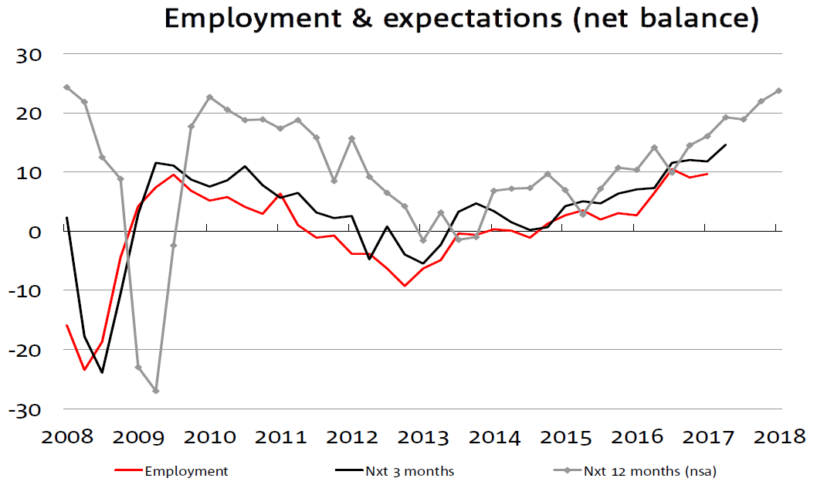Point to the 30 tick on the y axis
pyautogui.click(x=35, y=54)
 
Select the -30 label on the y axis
pyautogui.click(x=30, y=409)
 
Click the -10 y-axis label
pyautogui.click(x=30, y=290)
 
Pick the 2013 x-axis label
pyautogui.click(x=422, y=437)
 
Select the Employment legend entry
pyautogui.click(x=186, y=471)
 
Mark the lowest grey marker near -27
pyautogui.click(x=156, y=391)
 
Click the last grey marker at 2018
pyautogui.click(x=778, y=90)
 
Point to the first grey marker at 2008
pyautogui.click(x=66, y=87)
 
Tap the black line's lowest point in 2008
pyautogui.click(x=102, y=372)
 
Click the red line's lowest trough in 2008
pyautogui.click(x=84, y=369)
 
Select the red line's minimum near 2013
pyautogui.click(x=405, y=286)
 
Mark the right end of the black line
pyautogui.click(x=725, y=144)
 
